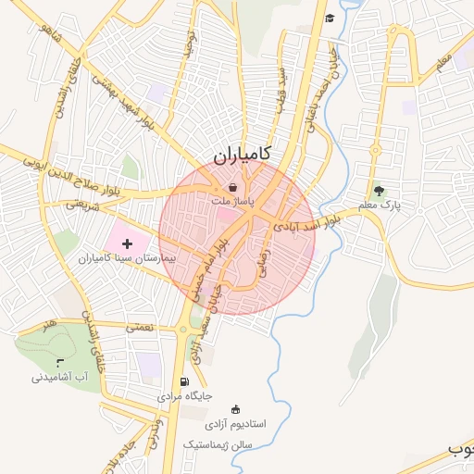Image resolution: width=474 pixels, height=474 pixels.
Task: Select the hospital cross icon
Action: (127, 243)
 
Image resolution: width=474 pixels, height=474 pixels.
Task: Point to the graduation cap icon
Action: (330, 18)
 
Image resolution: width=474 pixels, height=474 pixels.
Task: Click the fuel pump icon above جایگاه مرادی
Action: (185, 381)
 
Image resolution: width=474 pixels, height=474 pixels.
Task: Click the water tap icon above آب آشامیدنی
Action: (60, 362)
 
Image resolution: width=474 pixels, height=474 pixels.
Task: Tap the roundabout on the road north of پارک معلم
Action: (376, 152)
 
